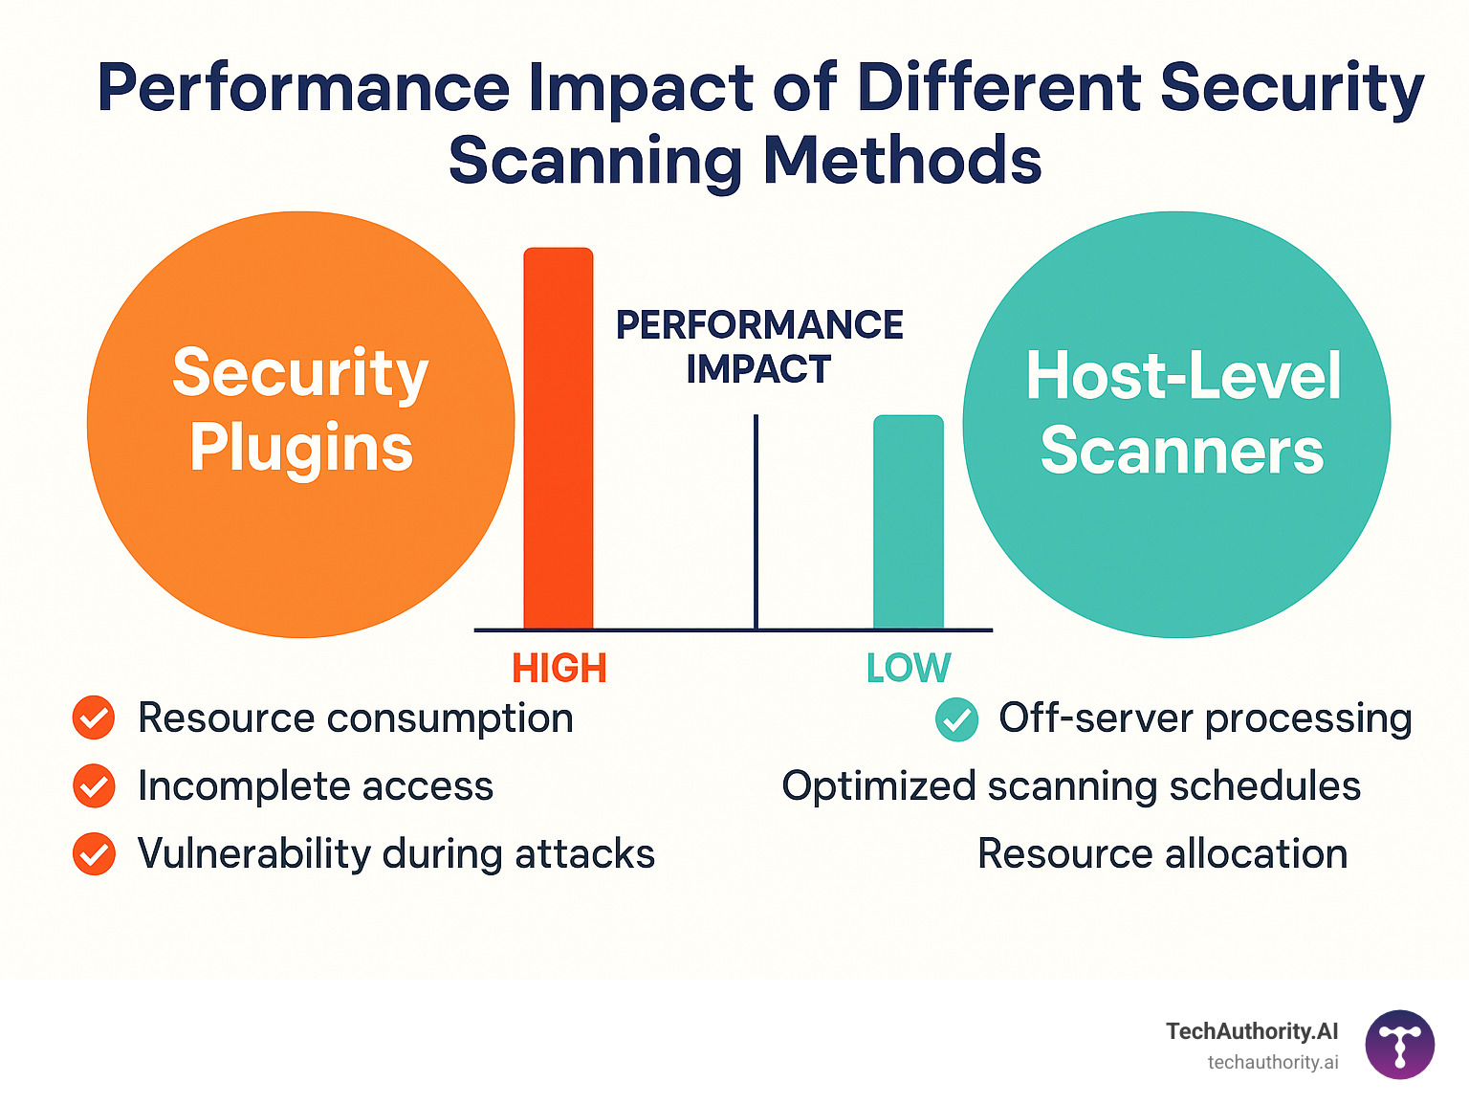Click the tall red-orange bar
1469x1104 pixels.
coord(559,438)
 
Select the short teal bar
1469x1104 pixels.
coord(909,522)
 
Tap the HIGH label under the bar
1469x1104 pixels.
coord(559,669)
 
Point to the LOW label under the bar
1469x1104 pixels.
coord(909,669)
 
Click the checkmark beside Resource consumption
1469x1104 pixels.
coord(94,718)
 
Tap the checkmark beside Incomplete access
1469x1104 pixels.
coord(94,786)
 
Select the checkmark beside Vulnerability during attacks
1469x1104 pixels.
coord(94,854)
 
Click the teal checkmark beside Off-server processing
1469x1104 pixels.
coord(956,719)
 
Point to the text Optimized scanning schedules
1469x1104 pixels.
coord(1071,786)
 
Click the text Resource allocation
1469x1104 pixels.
coord(1162,854)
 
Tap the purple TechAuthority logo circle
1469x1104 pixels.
coord(1400,1045)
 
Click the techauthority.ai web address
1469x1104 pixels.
coord(1273,1063)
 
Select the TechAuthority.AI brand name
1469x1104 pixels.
coord(1252,1031)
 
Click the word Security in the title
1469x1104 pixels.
coord(1292,88)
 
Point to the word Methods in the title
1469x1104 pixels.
coord(902,160)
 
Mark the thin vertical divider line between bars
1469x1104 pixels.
coord(756,521)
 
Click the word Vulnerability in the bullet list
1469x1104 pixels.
coord(253,854)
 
